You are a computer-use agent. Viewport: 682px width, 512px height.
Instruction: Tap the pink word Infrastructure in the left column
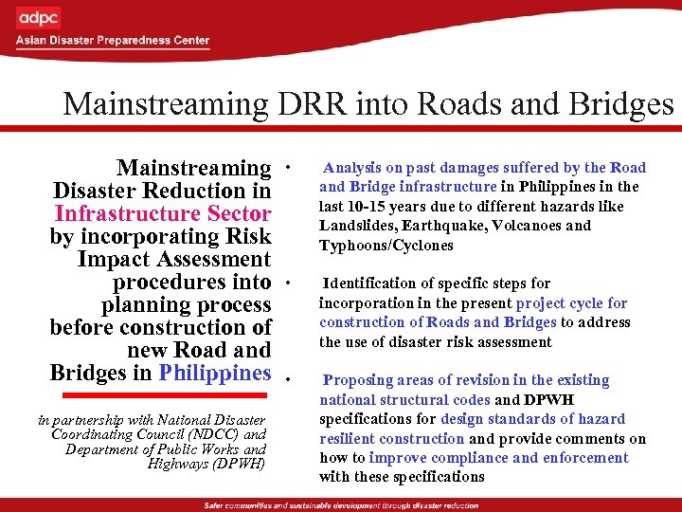tap(163, 214)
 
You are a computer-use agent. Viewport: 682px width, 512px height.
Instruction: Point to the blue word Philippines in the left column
tap(215, 372)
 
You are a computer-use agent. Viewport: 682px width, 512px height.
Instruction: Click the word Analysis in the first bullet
tap(353, 168)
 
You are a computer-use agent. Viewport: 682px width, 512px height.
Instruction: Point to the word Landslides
tap(356, 226)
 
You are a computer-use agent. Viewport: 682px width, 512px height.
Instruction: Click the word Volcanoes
tap(526, 226)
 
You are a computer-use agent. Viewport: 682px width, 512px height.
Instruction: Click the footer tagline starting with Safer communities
tap(340, 503)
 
